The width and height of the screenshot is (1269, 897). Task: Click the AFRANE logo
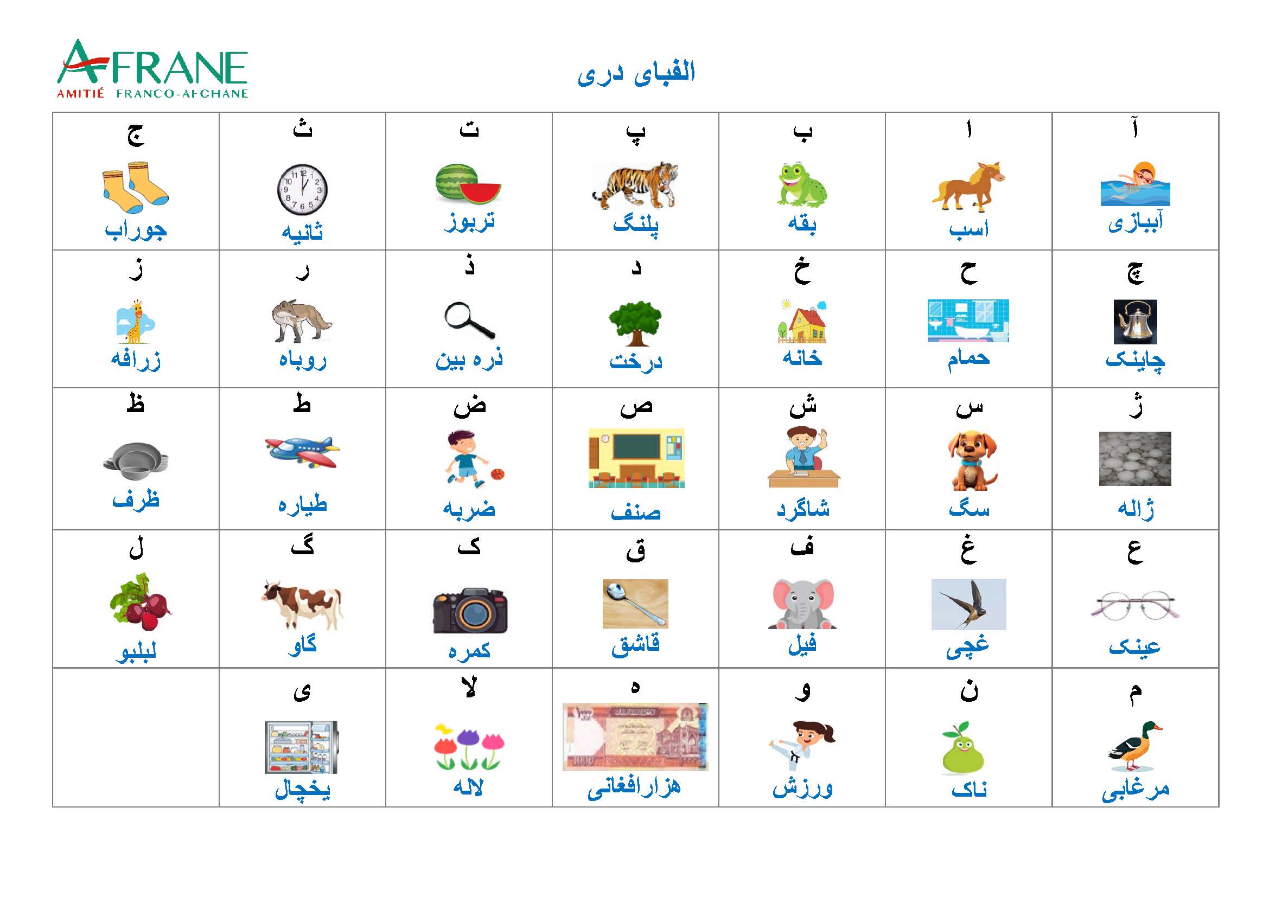tap(152, 69)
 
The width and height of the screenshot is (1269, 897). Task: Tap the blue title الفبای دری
tap(636, 73)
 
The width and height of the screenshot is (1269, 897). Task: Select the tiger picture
tap(636, 185)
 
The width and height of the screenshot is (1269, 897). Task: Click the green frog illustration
tap(802, 185)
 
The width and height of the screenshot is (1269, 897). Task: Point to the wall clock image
tap(302, 189)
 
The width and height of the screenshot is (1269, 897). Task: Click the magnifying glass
tap(469, 321)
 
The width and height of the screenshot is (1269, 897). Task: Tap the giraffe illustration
tap(136, 322)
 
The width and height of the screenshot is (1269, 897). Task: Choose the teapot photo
tap(1135, 322)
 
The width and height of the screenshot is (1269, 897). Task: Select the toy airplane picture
tap(302, 452)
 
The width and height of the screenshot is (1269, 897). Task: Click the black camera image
tap(470, 610)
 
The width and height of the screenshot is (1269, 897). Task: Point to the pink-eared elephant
tap(802, 604)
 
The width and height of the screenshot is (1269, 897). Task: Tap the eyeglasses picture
tap(1134, 606)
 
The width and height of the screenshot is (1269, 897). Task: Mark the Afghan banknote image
tap(636, 737)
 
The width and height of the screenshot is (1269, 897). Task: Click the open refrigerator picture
tap(302, 747)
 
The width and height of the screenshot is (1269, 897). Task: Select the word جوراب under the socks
tap(136, 230)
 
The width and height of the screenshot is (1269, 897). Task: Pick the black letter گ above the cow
tap(302, 546)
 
